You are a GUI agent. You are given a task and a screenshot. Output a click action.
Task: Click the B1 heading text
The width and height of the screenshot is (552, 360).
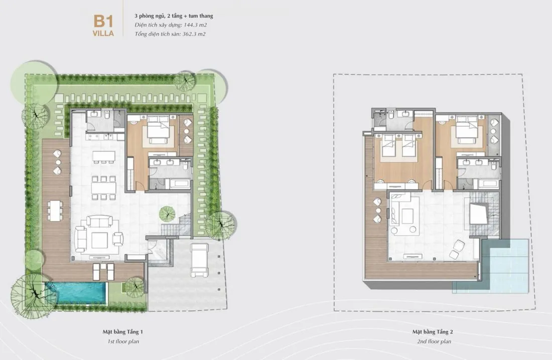coord(103,22)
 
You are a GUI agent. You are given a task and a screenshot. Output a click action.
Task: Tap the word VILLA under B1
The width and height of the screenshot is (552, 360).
coord(103,34)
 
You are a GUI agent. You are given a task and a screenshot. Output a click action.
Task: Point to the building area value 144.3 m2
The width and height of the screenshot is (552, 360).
coord(195,25)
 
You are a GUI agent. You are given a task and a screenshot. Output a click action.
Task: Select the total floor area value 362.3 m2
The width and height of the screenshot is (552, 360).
coord(194,34)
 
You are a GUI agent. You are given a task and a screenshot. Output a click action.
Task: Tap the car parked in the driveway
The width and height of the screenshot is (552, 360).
coord(199,260)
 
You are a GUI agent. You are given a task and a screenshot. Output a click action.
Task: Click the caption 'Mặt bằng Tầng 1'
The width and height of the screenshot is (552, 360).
coord(123,332)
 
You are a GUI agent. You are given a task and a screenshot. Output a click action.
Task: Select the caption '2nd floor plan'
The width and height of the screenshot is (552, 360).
coord(434,341)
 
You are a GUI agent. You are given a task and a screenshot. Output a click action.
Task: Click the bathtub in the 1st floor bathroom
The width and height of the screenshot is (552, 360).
coord(180,184)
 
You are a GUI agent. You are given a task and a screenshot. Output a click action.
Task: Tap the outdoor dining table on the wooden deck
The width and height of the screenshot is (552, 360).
coord(55,210)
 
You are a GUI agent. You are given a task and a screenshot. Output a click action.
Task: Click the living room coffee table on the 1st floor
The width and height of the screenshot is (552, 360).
coord(100,240)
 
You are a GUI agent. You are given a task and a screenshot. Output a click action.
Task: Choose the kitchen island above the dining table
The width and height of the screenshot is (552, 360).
coord(104,155)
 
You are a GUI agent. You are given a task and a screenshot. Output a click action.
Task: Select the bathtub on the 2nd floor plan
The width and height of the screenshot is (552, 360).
coord(489,184)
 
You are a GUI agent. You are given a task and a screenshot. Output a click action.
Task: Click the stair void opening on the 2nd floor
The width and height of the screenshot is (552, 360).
coord(479,214)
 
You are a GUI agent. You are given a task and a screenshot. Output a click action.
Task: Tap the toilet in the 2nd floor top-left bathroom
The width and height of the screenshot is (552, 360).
coord(391,115)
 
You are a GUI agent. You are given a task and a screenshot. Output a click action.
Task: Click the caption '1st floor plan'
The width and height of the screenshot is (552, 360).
coord(123,341)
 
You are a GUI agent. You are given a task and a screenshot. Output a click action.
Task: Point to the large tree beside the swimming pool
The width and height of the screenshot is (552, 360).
coord(30,296)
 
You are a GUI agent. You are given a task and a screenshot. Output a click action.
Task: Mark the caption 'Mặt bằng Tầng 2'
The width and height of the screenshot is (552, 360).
coord(433,332)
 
